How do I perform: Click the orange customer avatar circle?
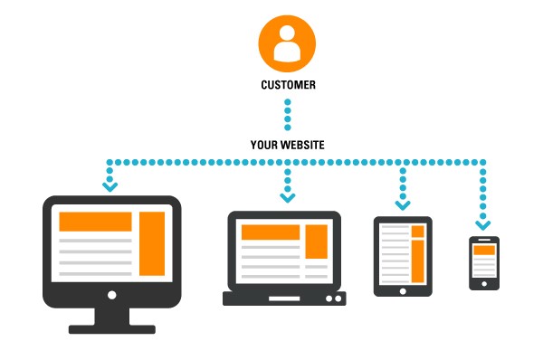[x=287, y=42]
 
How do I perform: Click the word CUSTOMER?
[x=287, y=87]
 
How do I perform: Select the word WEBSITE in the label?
[x=304, y=145]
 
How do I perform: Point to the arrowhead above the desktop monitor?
[x=110, y=186]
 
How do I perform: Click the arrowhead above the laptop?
[x=287, y=196]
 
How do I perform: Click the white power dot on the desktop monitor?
[x=111, y=295]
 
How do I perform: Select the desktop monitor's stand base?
[x=111, y=328]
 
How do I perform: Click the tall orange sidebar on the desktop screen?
[x=152, y=242]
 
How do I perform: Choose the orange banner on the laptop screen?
[x=269, y=232]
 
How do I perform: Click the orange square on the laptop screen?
[x=316, y=242]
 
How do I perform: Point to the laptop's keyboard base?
[x=282, y=297]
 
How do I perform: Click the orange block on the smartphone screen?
[x=484, y=250]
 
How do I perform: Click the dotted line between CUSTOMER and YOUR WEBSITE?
[x=287, y=115]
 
